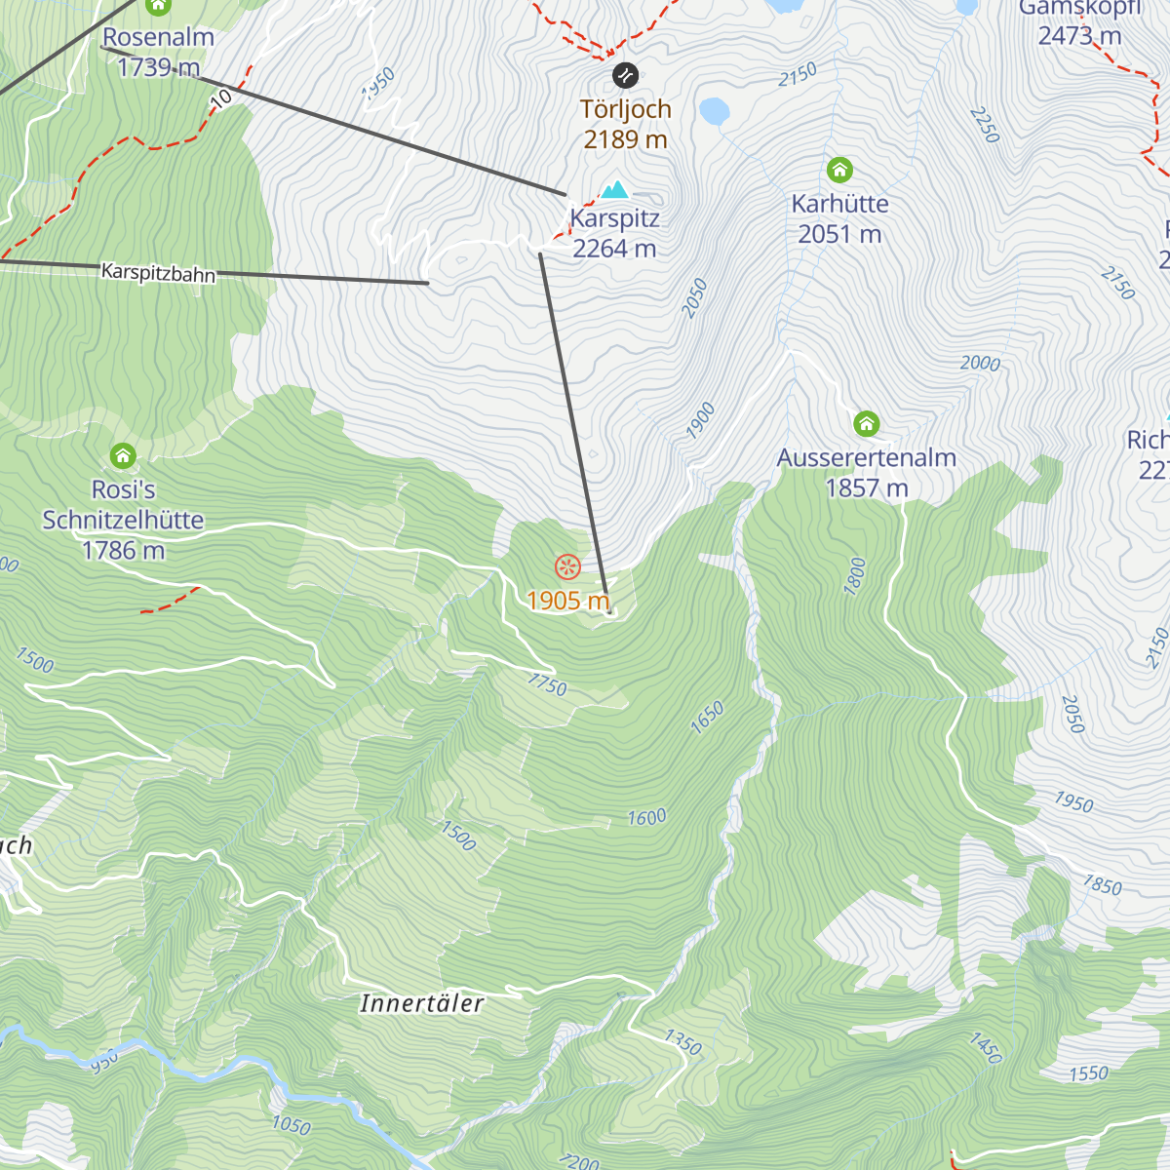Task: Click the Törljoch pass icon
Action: (625, 75)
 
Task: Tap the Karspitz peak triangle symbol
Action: (614, 189)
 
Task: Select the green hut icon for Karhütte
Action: (839, 171)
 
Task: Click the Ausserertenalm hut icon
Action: (867, 424)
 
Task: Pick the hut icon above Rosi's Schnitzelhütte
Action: (123, 455)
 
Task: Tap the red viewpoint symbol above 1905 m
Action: (567, 566)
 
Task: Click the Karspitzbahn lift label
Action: (158, 272)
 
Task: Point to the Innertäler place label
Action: (421, 1003)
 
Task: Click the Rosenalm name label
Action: (158, 37)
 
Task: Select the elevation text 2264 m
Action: (614, 249)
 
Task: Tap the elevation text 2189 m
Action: (625, 139)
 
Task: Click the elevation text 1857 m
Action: (866, 487)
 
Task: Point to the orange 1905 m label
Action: (567, 601)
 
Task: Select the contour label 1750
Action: (547, 684)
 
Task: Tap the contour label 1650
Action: (707, 717)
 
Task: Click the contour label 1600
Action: (646, 817)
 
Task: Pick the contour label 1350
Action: (682, 1042)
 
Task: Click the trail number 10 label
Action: (221, 97)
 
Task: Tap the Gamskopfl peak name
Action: (1079, 9)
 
